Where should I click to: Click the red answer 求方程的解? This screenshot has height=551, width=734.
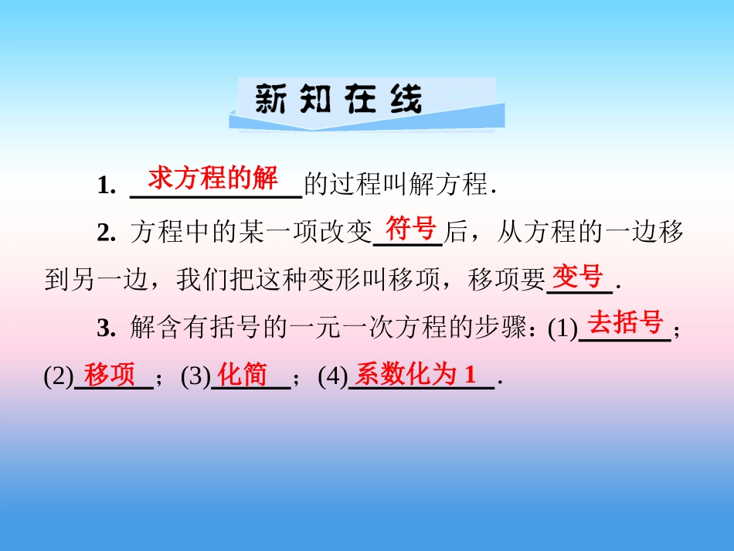point(212,179)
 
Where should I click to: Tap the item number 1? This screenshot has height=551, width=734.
point(107,186)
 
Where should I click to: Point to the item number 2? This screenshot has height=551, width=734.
point(107,233)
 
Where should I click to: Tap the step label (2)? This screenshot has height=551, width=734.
point(59,378)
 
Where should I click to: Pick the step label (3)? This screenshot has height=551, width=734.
point(195,378)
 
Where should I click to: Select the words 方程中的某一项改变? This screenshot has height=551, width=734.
point(252,233)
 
